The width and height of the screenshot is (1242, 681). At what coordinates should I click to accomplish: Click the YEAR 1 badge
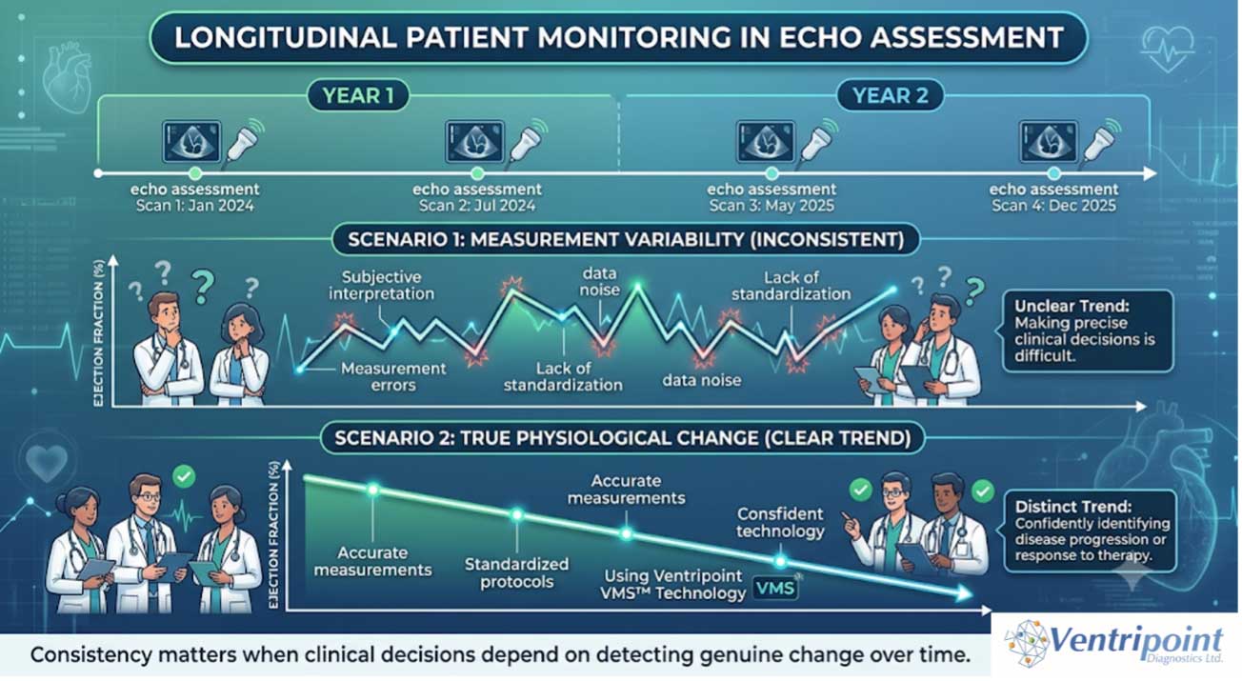point(358,95)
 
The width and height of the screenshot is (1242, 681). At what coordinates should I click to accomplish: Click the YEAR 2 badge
point(890,95)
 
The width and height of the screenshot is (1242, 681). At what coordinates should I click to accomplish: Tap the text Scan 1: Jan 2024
point(195,207)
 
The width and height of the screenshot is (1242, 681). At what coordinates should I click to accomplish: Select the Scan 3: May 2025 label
point(771,207)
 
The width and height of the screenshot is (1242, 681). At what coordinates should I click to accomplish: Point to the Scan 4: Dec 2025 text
point(1053,207)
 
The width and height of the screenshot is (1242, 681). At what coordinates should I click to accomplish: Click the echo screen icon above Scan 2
point(474,142)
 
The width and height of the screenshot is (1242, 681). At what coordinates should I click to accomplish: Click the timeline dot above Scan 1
point(194,173)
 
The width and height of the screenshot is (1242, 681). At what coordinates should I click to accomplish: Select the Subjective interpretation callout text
point(382,285)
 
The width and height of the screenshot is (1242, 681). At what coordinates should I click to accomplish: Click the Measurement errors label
point(393,376)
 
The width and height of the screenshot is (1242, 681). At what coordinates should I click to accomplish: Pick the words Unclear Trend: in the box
point(1072,306)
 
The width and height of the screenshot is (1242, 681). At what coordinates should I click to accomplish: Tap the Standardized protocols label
point(517,572)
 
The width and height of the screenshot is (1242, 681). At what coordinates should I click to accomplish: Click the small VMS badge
point(775,588)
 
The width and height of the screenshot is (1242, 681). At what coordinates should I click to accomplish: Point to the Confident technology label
point(780,522)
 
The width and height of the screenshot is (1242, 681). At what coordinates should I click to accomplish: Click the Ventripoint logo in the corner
point(1114,645)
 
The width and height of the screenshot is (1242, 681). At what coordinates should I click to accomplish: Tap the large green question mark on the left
point(203,286)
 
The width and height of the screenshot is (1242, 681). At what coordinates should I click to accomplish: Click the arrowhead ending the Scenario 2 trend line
point(964,594)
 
